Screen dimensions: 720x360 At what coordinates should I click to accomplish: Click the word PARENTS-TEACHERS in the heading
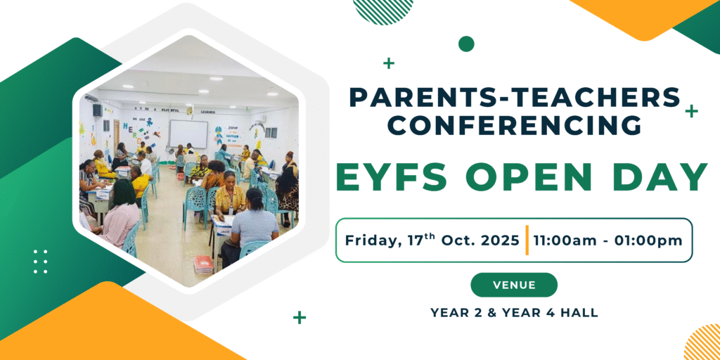pyautogui.click(x=514, y=97)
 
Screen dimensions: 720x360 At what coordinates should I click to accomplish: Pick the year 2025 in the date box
pyautogui.click(x=499, y=240)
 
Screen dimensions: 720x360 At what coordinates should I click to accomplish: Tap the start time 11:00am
pyautogui.click(x=560, y=240)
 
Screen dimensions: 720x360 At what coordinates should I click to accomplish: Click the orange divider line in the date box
pyautogui.click(x=527, y=240)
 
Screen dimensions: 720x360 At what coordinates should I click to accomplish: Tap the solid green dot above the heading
pyautogui.click(x=466, y=44)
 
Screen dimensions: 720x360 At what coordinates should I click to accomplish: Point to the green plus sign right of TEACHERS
pyautogui.click(x=691, y=111)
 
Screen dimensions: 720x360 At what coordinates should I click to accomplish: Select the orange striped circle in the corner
pyautogui.click(x=703, y=343)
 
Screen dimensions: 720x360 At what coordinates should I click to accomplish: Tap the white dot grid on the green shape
pyautogui.click(x=40, y=262)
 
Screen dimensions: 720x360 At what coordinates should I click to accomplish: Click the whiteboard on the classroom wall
pyautogui.click(x=188, y=134)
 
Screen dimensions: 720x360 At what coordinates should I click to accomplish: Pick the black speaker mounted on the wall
pyautogui.click(x=97, y=110)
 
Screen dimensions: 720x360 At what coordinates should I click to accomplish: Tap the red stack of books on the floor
pyautogui.click(x=203, y=264)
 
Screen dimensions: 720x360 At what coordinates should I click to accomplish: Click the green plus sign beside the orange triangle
pyautogui.click(x=300, y=317)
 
